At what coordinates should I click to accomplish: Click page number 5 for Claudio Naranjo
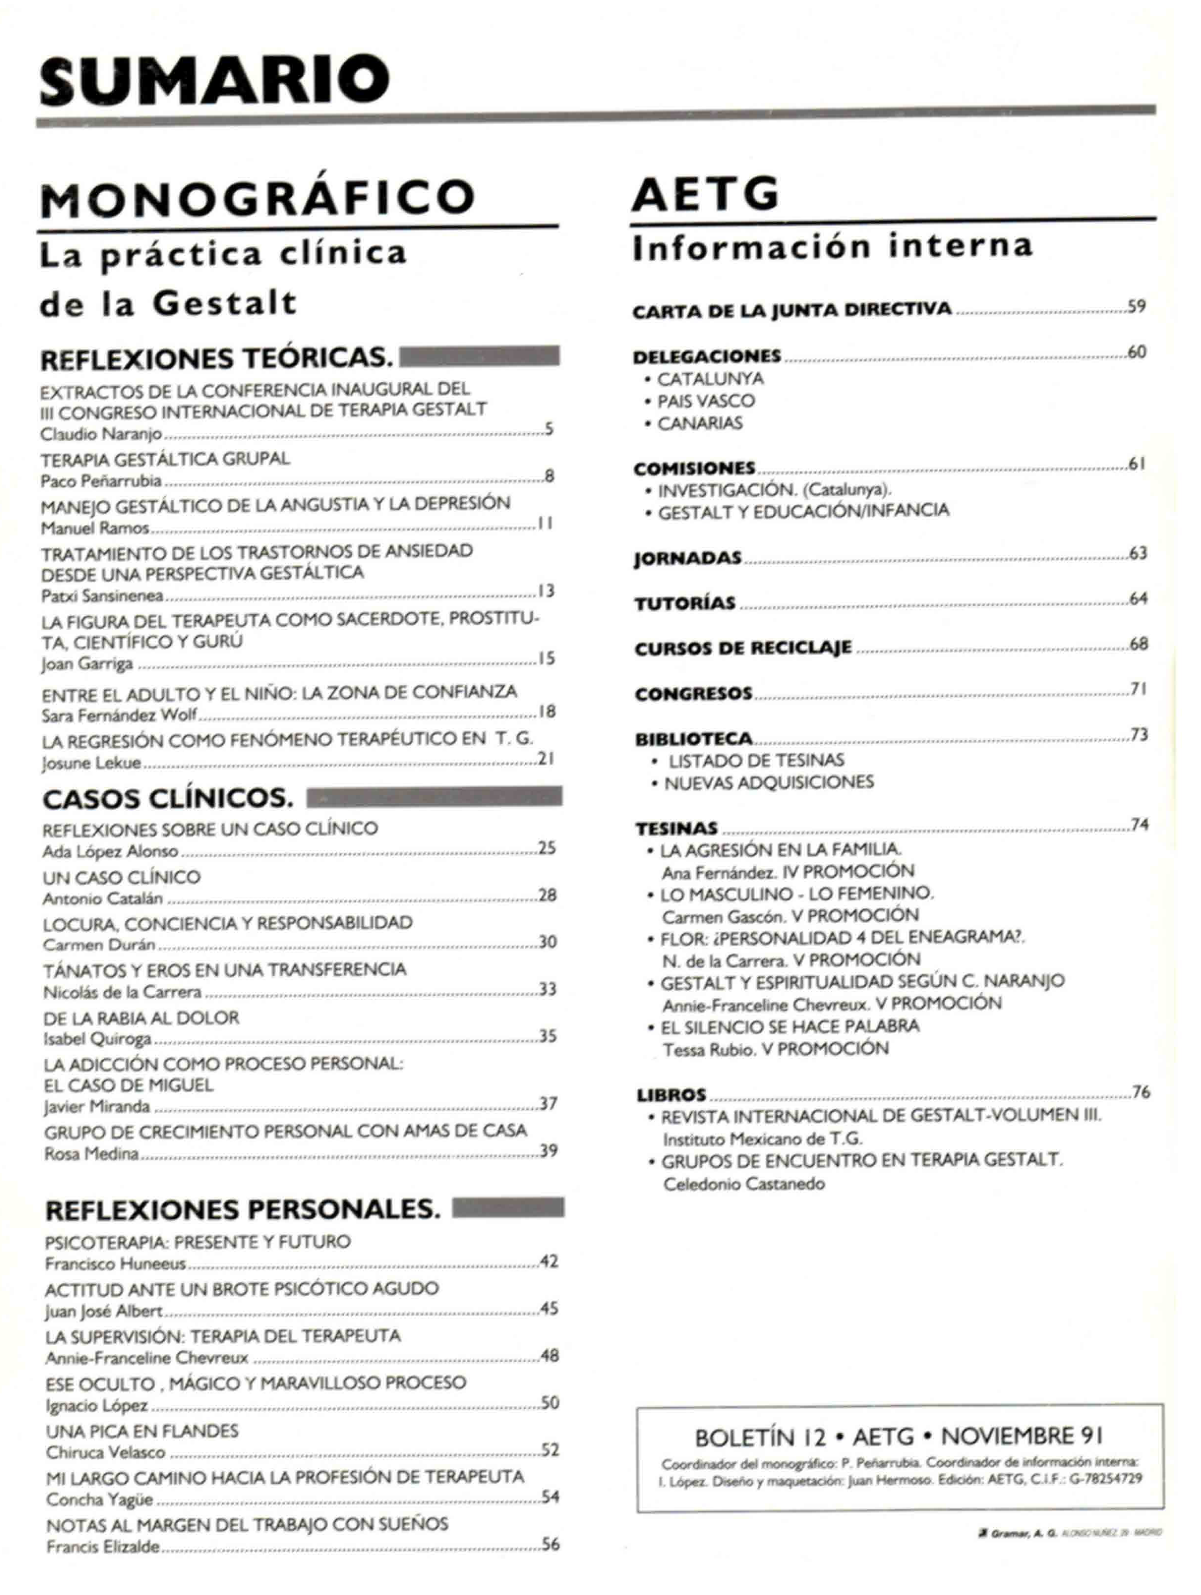coord(549,430)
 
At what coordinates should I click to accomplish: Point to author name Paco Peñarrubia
coord(101,481)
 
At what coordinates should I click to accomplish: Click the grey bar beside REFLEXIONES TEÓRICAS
coord(479,356)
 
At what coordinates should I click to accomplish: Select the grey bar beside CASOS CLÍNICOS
coord(434,797)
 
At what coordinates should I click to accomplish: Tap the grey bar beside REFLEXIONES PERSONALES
coord(508,1207)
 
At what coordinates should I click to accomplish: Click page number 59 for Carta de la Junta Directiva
coord(1137,306)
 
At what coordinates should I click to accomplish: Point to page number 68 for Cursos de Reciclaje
coord(1138,643)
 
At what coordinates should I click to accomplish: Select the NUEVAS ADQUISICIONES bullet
coord(769,783)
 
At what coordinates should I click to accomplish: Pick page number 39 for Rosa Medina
coord(549,1151)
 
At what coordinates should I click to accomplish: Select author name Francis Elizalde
coord(103,1546)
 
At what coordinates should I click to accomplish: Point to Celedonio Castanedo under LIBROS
coord(743,1184)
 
